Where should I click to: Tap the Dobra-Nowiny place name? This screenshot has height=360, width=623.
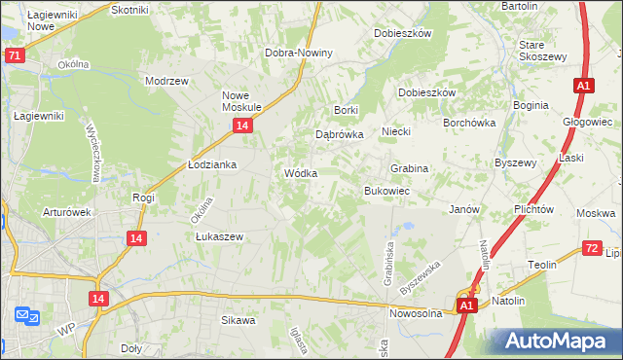[300, 53]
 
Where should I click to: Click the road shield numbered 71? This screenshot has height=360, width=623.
[15, 56]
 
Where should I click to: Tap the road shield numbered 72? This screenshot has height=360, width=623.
[592, 248]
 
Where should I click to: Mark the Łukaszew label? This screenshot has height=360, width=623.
[219, 236]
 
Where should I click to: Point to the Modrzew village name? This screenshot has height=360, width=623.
[165, 82]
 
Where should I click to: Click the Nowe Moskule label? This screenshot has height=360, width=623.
[238, 100]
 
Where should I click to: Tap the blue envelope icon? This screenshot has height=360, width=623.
[25, 315]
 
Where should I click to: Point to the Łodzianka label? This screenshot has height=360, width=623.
[212, 164]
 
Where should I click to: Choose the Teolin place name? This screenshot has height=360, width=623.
[542, 265]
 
